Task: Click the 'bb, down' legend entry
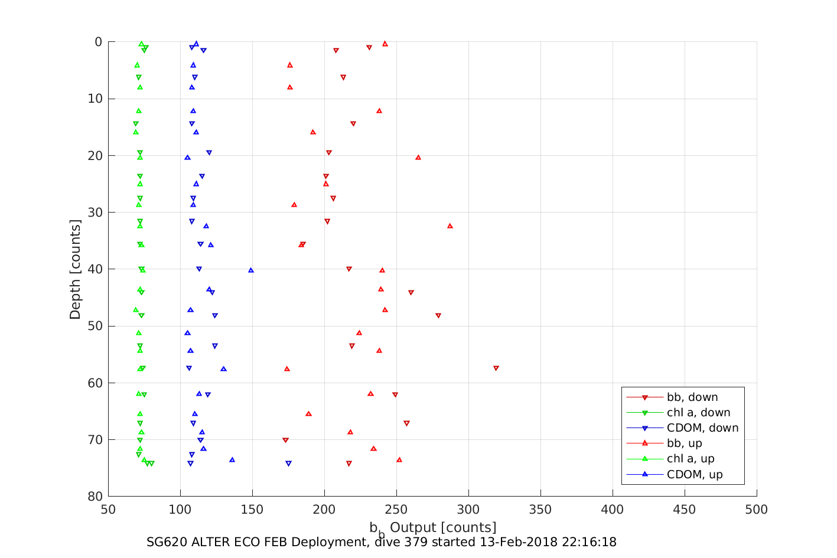[x=692, y=397]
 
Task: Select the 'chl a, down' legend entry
[x=698, y=413]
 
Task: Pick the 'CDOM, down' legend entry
[x=702, y=428]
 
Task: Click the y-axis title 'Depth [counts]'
[x=75, y=269]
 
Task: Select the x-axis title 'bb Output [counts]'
[x=433, y=528]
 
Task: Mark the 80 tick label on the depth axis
[x=95, y=497]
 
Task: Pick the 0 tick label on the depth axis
[x=99, y=42]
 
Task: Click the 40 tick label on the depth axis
[x=95, y=269]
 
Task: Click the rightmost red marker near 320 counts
[x=496, y=368]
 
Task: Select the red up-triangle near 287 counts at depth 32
[x=450, y=226]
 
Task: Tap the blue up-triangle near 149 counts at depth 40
[x=251, y=270]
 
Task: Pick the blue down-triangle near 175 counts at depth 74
[x=288, y=464]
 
